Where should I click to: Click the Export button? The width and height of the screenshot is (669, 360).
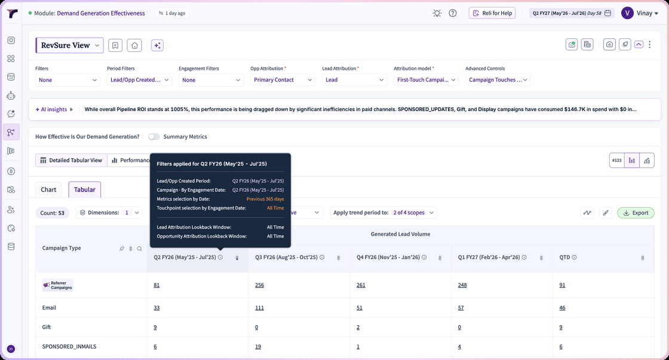tap(636, 213)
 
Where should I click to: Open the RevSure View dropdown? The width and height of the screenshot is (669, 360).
tap(69, 45)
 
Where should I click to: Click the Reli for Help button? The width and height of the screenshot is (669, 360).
tap(492, 13)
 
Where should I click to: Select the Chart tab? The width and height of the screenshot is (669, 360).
tap(48, 189)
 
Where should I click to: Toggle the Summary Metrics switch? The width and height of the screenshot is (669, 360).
tap(154, 137)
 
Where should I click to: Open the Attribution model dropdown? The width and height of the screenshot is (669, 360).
tap(426, 80)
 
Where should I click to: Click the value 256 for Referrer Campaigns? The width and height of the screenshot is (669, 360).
tap(259, 285)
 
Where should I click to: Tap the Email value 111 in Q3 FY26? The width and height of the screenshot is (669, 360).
tap(259, 307)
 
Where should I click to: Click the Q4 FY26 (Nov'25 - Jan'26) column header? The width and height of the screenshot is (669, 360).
tap(388, 257)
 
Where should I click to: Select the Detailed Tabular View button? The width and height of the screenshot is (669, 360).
tap(71, 161)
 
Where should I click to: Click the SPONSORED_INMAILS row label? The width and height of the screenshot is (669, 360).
tap(69, 346)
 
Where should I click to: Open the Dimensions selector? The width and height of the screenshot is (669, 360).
tap(110, 213)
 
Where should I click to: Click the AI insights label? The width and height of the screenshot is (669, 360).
tap(54, 109)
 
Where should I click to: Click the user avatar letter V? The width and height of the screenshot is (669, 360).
tap(627, 13)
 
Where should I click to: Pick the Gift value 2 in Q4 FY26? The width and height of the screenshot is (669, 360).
tap(358, 327)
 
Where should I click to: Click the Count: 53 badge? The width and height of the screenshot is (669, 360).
tap(52, 213)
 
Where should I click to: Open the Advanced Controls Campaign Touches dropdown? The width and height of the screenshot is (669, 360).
tap(498, 80)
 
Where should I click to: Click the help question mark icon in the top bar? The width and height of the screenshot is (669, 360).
tap(453, 13)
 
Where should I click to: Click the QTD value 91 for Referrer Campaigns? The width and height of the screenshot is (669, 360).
tap(562, 285)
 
